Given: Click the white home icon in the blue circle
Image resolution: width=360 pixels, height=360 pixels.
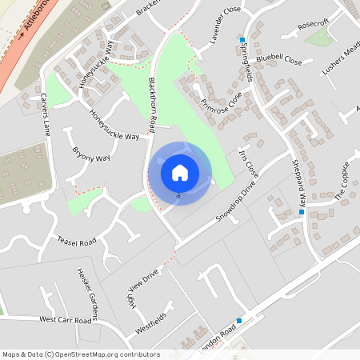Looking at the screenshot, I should [180, 173].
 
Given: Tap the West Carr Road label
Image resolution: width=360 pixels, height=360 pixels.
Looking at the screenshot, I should [68, 319].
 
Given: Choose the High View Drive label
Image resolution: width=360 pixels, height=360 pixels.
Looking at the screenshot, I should [142, 289].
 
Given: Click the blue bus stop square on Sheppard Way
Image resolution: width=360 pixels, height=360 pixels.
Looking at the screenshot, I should [301, 212].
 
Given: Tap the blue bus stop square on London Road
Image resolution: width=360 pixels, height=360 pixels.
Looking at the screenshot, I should [238, 320].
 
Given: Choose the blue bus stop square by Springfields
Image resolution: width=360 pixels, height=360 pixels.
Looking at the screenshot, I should [242, 39].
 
